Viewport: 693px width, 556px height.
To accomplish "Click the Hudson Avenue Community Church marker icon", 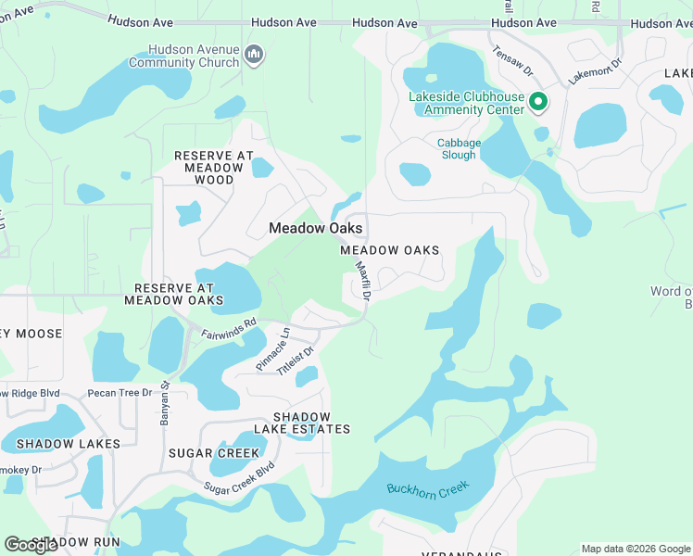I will [254, 56].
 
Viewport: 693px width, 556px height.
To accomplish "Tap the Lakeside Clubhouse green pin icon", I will [537, 102].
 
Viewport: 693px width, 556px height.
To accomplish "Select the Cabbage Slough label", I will [460, 148].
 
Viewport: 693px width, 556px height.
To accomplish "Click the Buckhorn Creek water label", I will [428, 487].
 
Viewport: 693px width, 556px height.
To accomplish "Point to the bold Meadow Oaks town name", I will [315, 228].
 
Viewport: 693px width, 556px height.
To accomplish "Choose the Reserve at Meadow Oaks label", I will [174, 294].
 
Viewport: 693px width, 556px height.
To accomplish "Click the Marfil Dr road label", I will [363, 282].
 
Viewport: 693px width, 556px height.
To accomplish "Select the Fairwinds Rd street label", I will [229, 328].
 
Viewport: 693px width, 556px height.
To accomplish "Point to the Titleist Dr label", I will [297, 360].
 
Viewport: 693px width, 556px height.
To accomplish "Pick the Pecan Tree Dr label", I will [120, 394].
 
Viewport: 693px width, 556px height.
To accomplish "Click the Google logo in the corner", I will [31, 544].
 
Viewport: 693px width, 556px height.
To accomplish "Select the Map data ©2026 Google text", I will [635, 549].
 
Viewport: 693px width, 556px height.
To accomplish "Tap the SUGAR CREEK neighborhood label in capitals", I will [214, 452].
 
